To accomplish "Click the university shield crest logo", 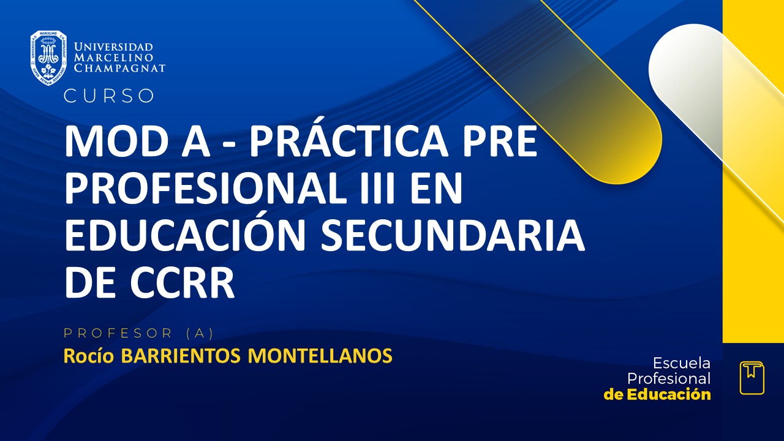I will coord(48,58).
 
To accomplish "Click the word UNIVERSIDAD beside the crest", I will coord(113,47).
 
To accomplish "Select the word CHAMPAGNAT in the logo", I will coord(119,68).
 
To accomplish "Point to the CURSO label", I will coord(109,96).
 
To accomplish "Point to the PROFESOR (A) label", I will coord(138,333).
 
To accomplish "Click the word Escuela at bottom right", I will coord(681,363).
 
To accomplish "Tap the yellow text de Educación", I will coord(657,394).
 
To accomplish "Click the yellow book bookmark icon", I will coord(752,378).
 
